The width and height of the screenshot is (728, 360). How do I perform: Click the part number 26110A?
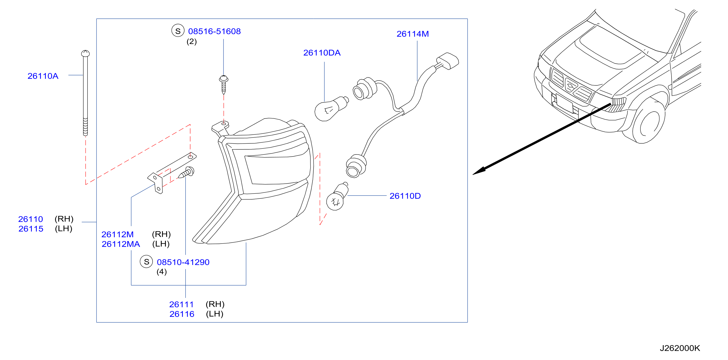click(x=43, y=76)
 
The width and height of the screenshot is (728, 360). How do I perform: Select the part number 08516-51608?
click(x=215, y=31)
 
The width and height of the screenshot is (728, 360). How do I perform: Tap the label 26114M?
click(x=413, y=34)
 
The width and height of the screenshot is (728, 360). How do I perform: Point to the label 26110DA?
click(x=322, y=53)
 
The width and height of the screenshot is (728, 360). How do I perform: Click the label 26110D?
click(x=405, y=196)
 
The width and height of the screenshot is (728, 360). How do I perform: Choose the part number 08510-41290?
click(x=183, y=262)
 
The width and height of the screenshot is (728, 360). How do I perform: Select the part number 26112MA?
click(x=121, y=244)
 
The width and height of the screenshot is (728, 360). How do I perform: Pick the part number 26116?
click(x=182, y=314)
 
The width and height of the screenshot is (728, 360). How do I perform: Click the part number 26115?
click(x=31, y=229)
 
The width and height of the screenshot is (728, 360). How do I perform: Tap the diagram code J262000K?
click(x=680, y=348)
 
